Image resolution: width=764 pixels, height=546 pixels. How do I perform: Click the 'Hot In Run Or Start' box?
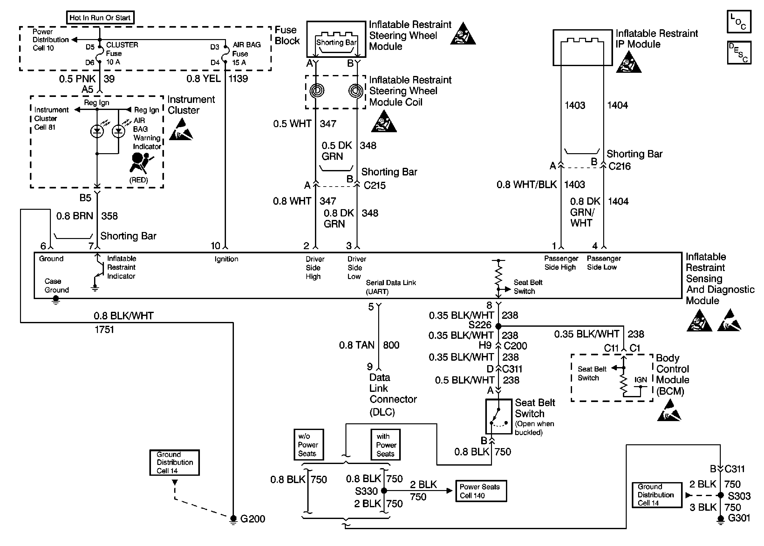pos(100,17)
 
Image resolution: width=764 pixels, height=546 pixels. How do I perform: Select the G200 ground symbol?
pos(233,519)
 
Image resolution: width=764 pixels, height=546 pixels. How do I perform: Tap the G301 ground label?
pos(739,518)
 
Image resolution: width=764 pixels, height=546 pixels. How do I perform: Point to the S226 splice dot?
pos(498,326)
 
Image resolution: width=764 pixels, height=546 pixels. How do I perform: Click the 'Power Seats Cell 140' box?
pos(481,491)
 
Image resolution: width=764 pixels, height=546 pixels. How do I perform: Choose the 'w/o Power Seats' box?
pos(308,445)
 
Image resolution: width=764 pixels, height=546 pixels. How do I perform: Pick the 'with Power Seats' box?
pos(385,445)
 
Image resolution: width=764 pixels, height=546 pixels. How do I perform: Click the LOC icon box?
pos(739,22)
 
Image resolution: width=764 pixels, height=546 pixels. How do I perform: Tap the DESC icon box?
pos(739,52)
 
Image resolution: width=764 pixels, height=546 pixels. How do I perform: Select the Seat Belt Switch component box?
pos(498,416)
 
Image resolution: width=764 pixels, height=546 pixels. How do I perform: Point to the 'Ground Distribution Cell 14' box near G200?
pos(174,462)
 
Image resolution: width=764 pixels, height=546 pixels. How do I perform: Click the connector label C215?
pos(374,185)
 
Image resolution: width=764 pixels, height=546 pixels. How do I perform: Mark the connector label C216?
pos(619,166)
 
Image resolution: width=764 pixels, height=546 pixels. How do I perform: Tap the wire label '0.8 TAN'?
pos(356,345)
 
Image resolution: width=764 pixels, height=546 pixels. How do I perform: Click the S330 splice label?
pos(366,491)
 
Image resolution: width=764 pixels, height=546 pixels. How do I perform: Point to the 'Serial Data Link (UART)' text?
pos(391,287)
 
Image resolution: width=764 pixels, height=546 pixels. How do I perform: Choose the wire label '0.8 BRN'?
pos(74,216)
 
